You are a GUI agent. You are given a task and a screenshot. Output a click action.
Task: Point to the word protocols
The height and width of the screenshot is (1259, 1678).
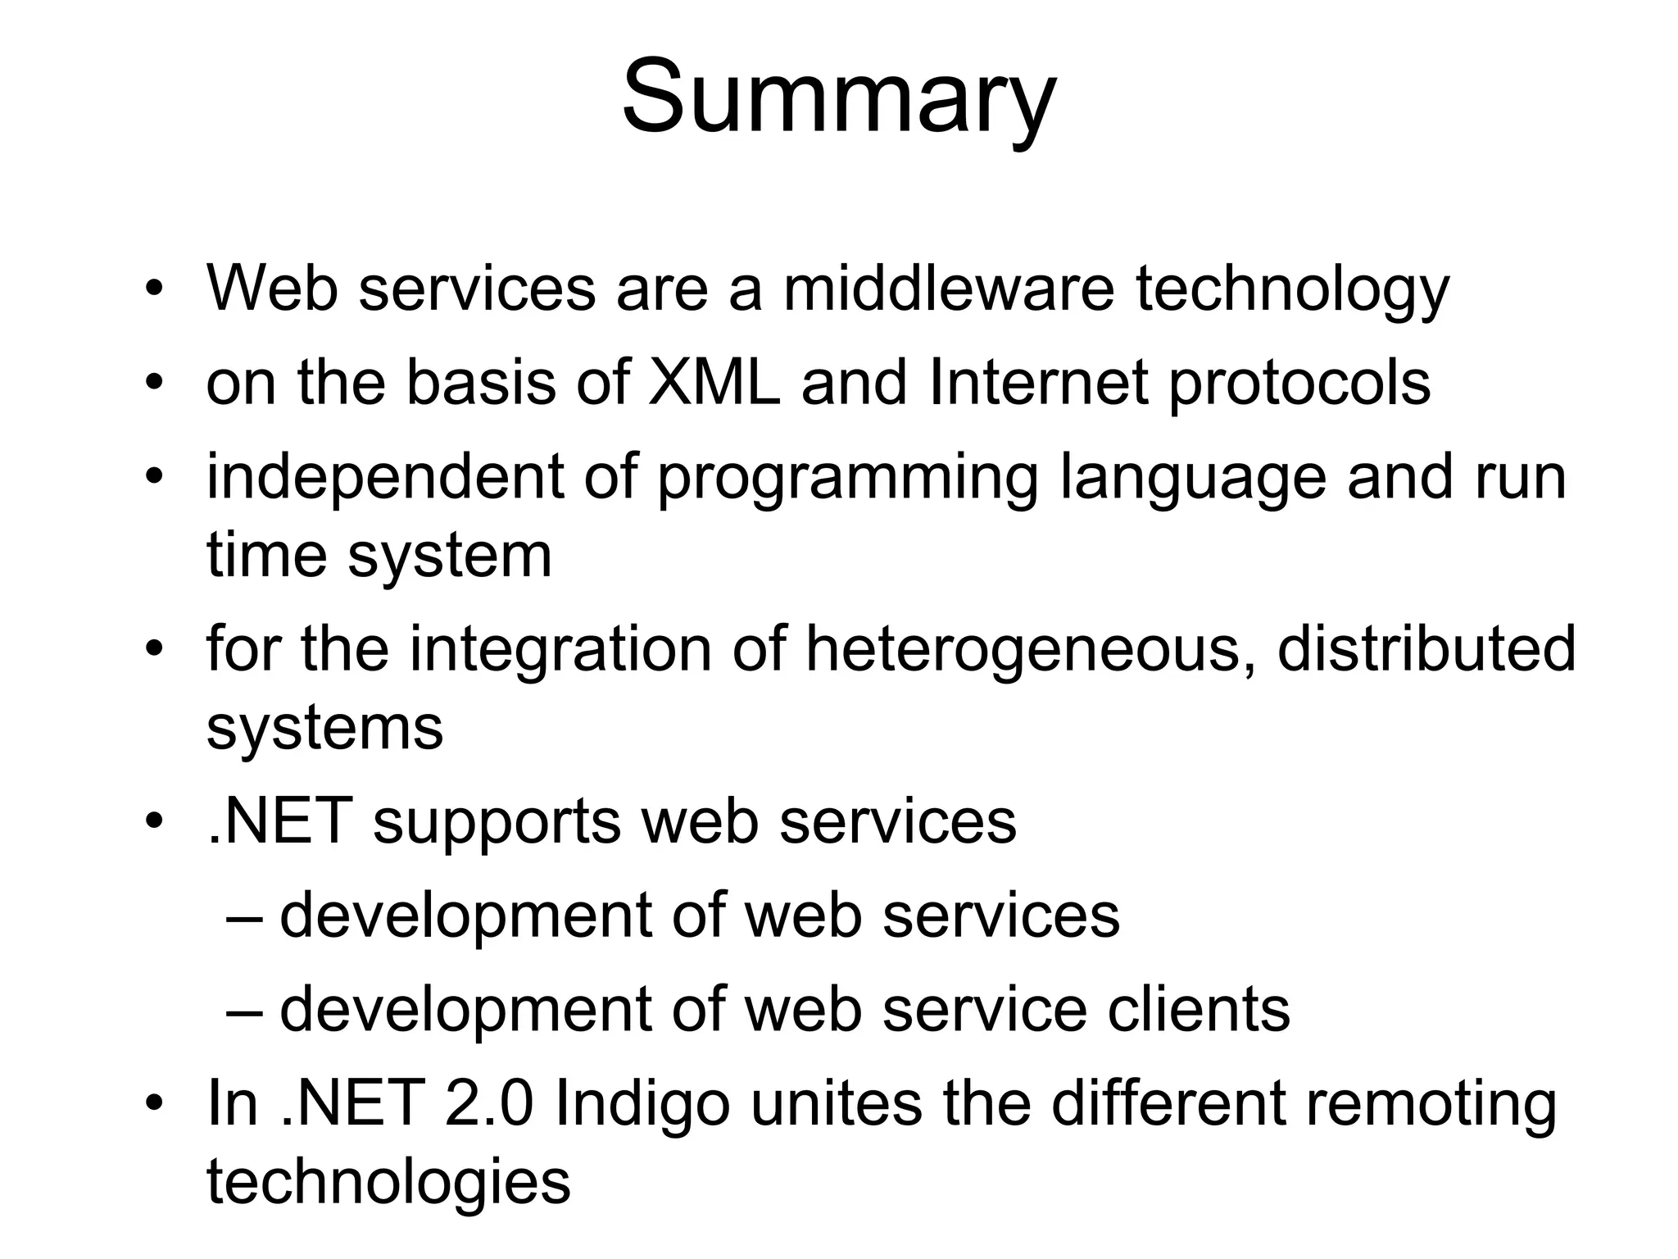[1299, 384]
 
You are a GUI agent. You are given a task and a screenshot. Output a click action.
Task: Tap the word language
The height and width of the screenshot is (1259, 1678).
[1193, 479]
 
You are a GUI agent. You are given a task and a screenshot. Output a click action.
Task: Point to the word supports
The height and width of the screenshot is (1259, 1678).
[497, 823]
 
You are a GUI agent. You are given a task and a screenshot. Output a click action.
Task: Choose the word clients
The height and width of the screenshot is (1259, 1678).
[1199, 1009]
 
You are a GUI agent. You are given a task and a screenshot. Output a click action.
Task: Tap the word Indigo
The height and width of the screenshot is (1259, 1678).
[642, 1105]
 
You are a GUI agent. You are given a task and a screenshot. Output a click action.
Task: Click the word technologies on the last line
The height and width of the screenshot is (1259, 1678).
[388, 1182]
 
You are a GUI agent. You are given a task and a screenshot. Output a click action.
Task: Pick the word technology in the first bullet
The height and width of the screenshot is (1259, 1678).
[1292, 290]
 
